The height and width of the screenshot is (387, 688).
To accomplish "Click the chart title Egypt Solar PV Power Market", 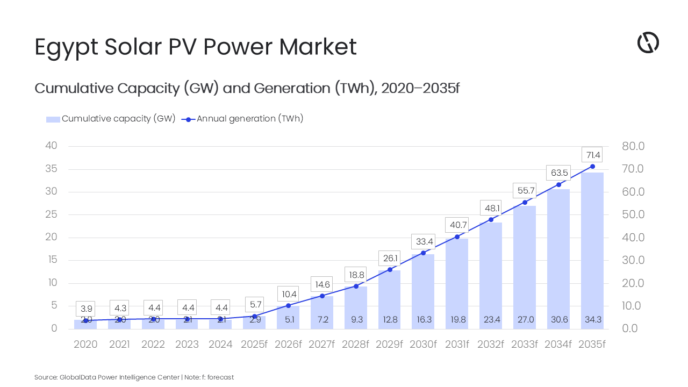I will click(196, 47).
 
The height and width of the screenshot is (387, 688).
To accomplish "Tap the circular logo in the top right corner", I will click(648, 43).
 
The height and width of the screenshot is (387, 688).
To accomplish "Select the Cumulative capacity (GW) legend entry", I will click(111, 119).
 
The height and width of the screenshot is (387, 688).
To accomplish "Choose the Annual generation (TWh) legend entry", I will click(243, 119).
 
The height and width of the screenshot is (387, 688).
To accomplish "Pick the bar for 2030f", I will click(423, 291).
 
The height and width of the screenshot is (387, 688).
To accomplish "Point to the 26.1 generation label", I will click(389, 259).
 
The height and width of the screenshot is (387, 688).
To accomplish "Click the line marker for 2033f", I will click(525, 202).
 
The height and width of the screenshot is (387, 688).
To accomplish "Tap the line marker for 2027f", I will click(322, 296).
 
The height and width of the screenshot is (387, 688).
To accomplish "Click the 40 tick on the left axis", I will click(51, 146).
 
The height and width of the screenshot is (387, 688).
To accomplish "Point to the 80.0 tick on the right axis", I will click(633, 146).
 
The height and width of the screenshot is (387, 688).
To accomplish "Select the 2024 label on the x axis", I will click(220, 345).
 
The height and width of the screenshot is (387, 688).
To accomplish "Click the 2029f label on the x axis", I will click(389, 345).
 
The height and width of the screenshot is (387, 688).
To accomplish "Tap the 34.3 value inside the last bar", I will click(592, 320).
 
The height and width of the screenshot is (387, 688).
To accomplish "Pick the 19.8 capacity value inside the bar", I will click(457, 320).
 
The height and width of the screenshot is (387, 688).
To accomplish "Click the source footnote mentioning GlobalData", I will click(134, 377).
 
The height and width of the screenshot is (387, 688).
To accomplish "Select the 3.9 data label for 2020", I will click(86, 309).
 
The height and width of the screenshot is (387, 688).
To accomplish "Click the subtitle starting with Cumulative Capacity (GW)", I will click(247, 88).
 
